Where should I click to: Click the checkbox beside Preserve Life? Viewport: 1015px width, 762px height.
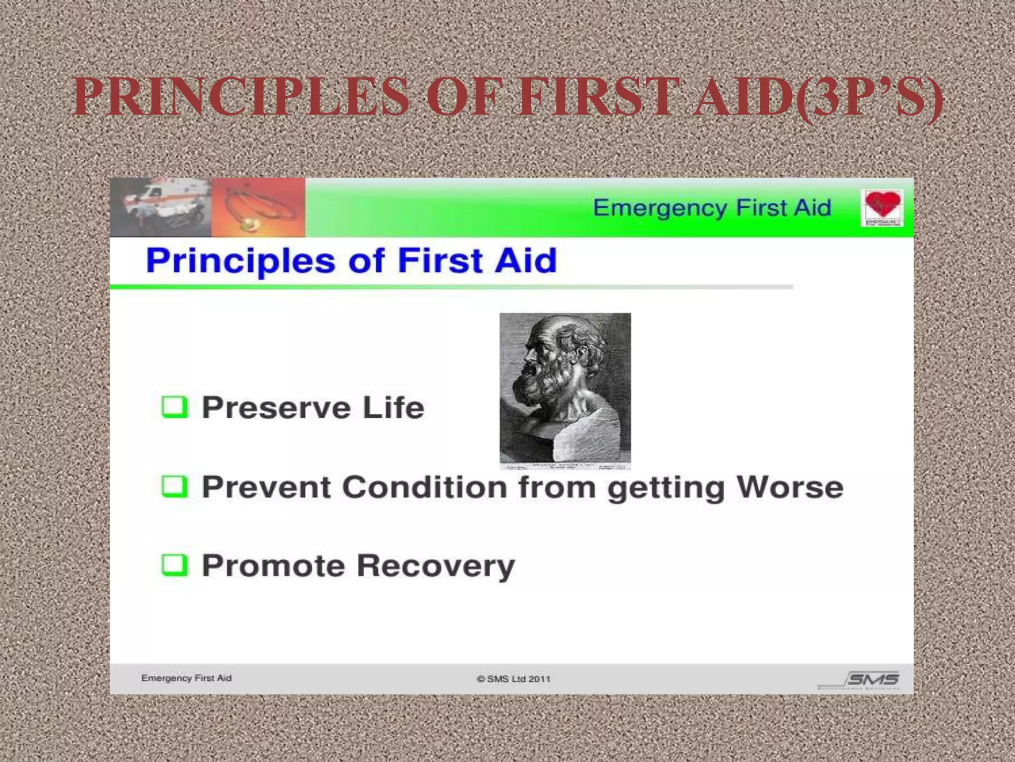tap(174, 407)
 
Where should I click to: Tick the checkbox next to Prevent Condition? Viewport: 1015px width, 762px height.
tap(174, 486)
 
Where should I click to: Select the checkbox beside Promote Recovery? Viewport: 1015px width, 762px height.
tap(174, 565)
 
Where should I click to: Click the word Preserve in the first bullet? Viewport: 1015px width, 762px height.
tap(277, 408)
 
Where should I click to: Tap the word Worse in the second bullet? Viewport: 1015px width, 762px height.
tap(789, 487)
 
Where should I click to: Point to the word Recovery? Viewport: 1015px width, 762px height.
tap(436, 566)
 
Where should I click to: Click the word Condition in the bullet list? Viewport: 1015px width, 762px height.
tap(424, 487)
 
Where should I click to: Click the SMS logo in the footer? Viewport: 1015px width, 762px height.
tap(873, 679)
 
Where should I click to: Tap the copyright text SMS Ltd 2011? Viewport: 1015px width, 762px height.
tap(513, 679)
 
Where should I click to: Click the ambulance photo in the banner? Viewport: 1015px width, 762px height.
tap(161, 207)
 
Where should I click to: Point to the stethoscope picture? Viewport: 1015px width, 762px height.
tap(258, 207)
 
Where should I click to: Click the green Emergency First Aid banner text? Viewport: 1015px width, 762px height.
tap(712, 208)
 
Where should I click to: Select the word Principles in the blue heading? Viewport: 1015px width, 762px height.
tap(240, 261)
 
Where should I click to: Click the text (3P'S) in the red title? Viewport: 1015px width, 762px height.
tap(867, 97)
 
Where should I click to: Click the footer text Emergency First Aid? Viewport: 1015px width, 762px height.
tap(186, 678)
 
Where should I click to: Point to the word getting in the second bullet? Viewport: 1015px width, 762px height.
tap(666, 488)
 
